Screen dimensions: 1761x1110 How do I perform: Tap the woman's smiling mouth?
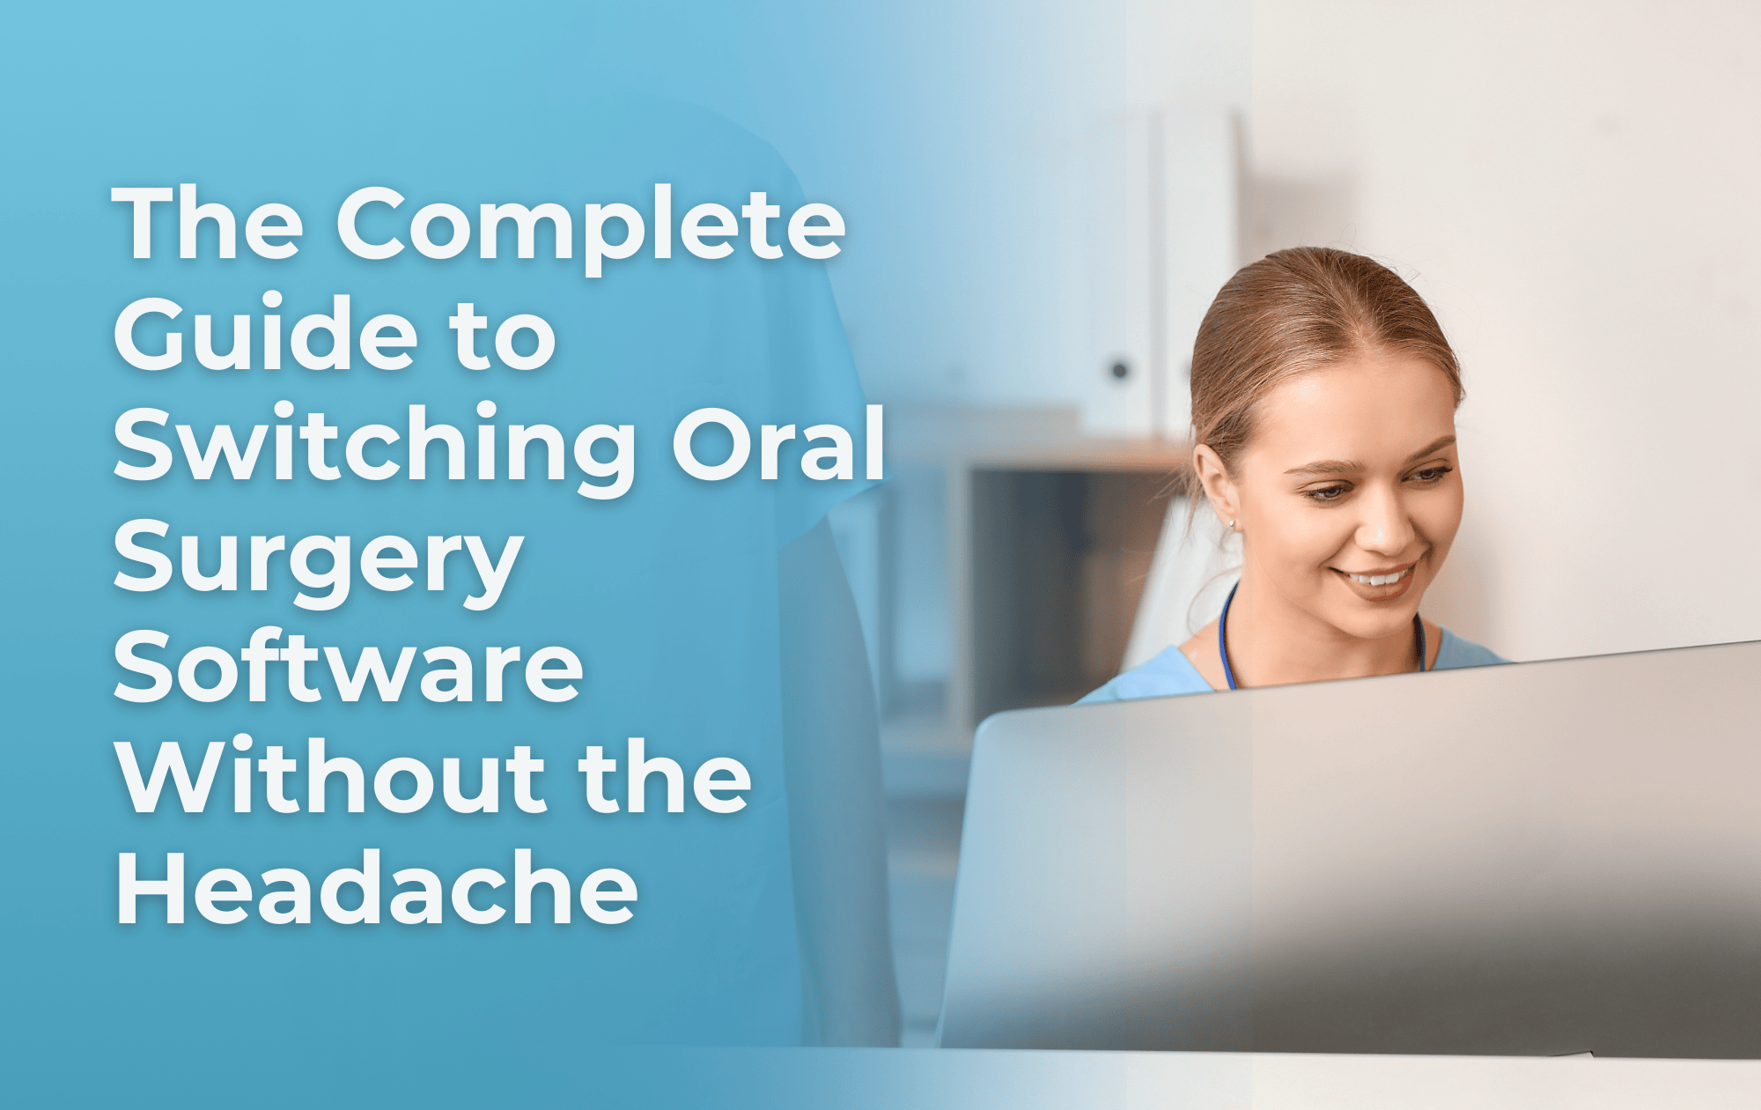pyautogui.click(x=1377, y=581)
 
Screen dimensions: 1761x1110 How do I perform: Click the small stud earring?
pyautogui.click(x=1231, y=524)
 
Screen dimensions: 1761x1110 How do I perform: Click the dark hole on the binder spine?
pyautogui.click(x=1119, y=370)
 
